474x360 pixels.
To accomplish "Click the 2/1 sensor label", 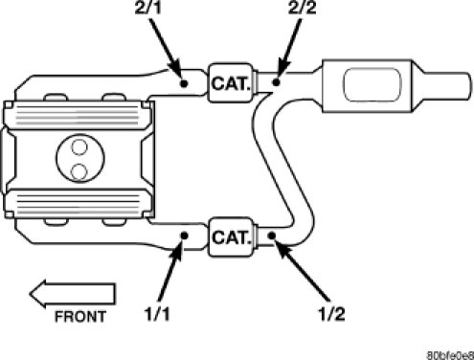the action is point(147,8).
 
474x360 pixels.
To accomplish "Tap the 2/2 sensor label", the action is point(302,8).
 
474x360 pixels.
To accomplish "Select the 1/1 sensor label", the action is point(157,314).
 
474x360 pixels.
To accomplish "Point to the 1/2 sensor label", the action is point(332,314).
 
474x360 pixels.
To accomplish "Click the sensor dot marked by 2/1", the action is point(184,83).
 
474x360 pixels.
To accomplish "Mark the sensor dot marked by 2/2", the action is point(277,82).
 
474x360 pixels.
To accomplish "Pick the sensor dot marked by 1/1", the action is point(184,236).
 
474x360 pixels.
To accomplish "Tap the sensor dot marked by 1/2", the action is point(272,236).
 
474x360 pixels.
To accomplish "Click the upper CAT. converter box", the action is point(231,82).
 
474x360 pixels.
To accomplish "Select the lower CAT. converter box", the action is point(231,236).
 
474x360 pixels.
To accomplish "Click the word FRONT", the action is point(80,317).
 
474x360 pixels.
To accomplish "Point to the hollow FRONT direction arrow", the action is point(73,294).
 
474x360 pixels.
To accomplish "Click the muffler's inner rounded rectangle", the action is point(372,84).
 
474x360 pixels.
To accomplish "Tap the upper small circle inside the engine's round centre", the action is point(79,147).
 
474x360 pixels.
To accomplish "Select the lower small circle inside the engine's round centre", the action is point(79,171).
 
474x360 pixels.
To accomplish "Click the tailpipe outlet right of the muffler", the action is point(447,85).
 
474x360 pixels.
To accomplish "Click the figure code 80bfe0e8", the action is point(450,355).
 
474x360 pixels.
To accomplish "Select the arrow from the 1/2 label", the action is point(303,271).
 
